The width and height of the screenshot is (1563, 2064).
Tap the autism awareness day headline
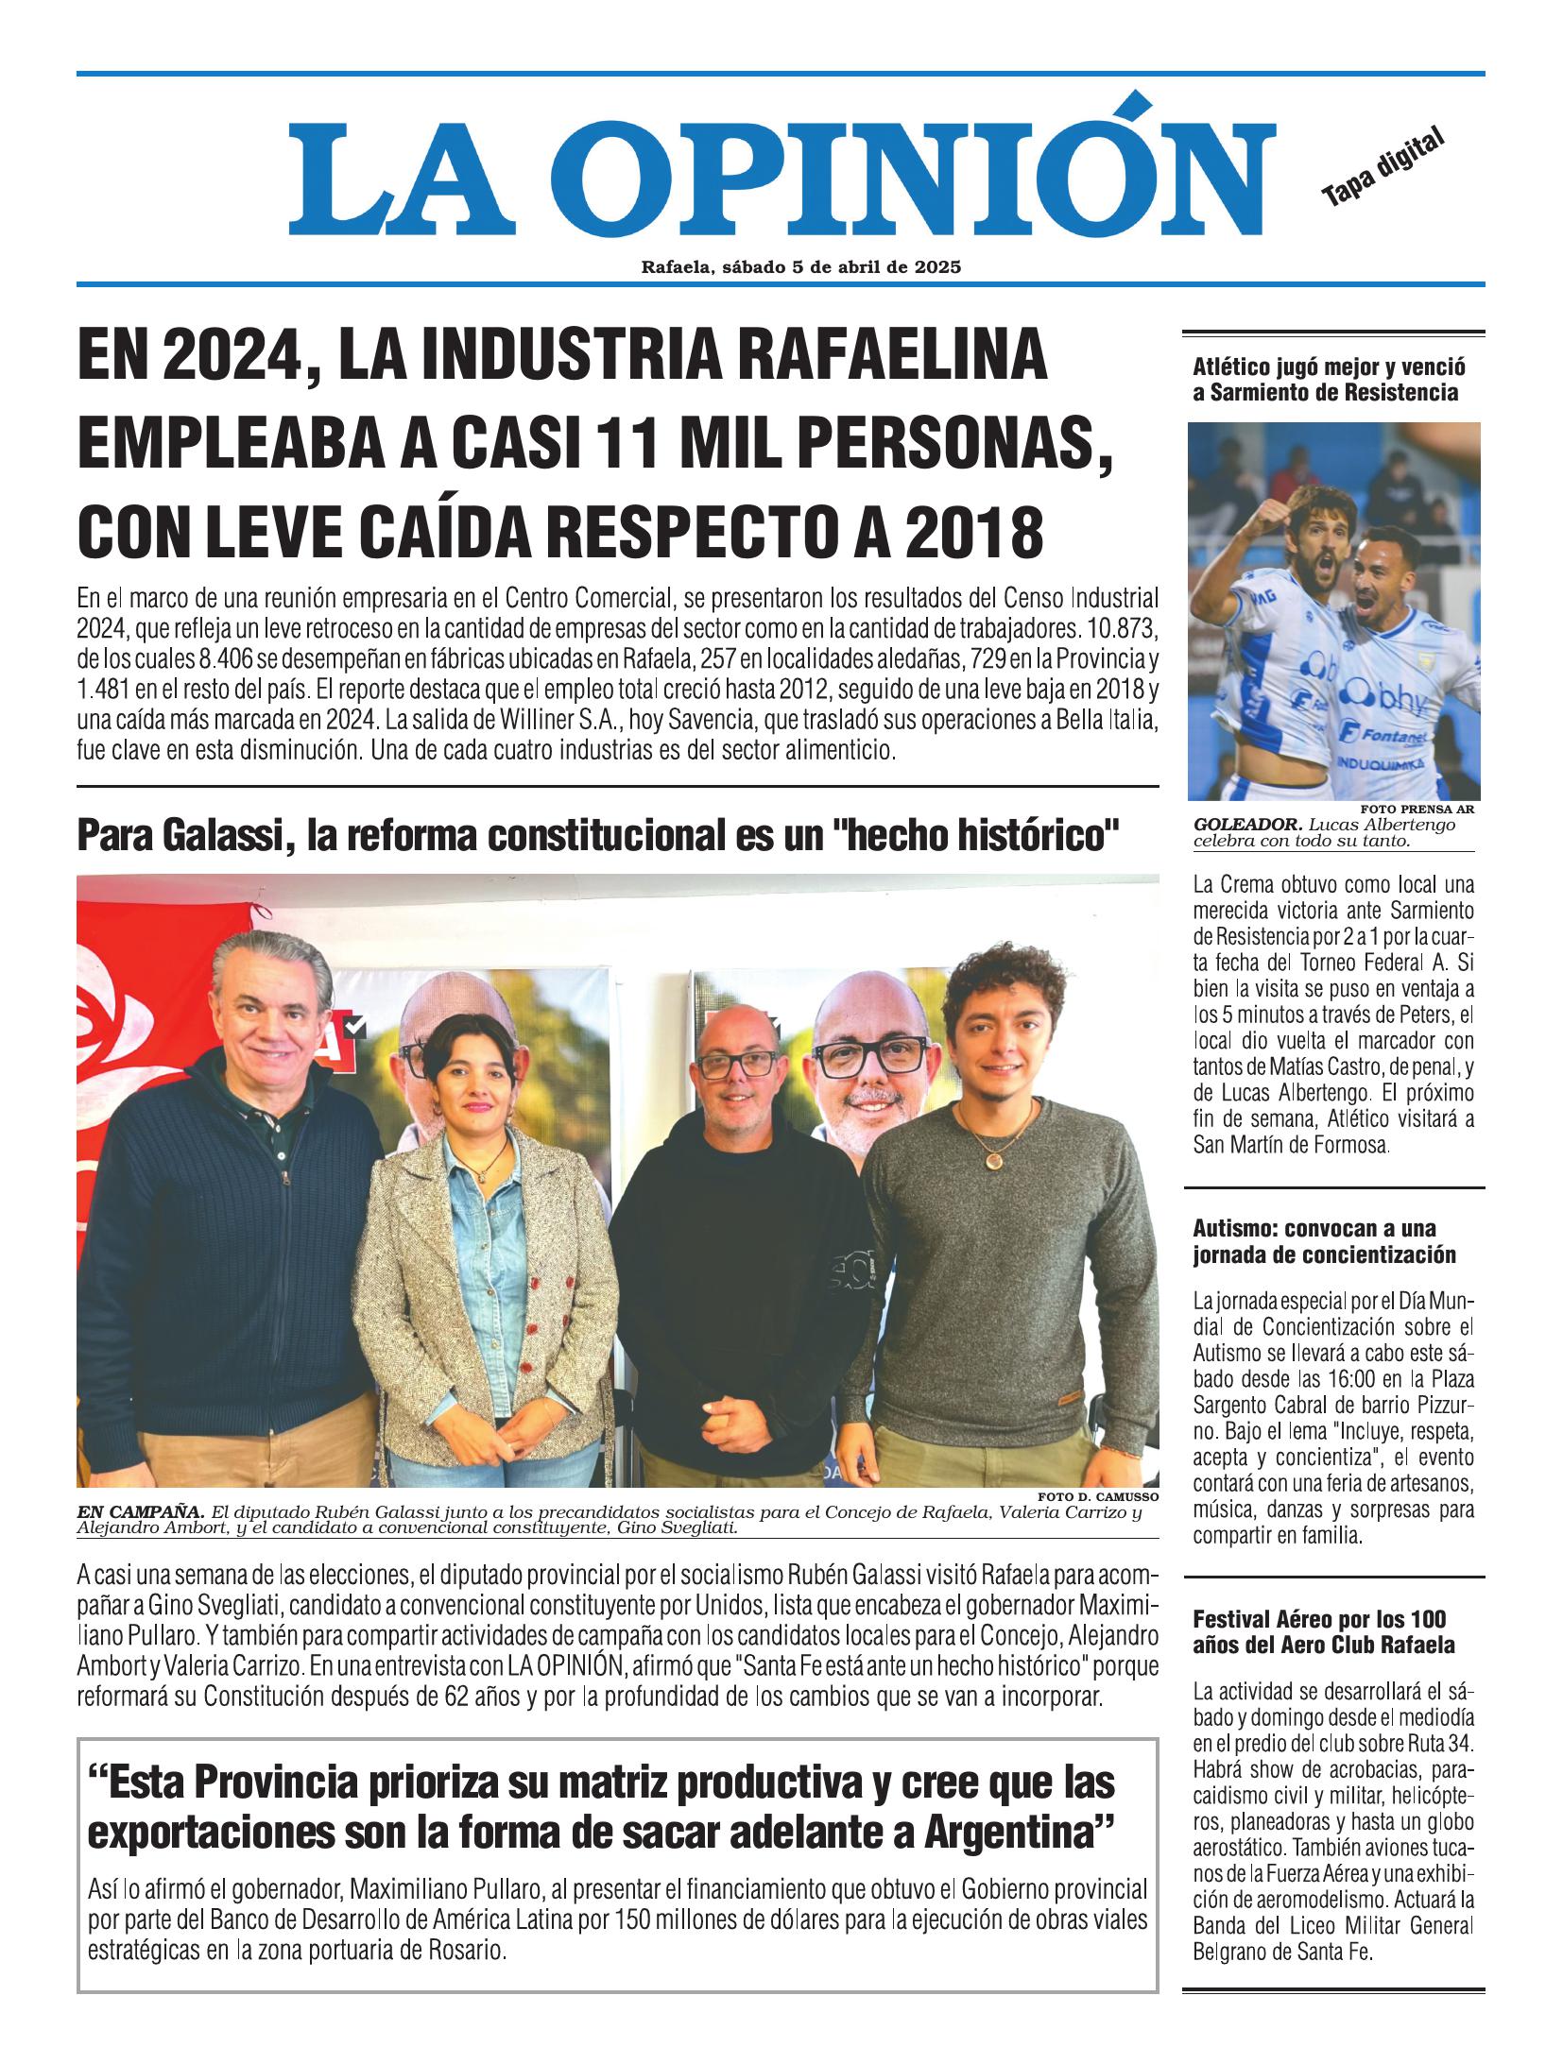(1323, 1241)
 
